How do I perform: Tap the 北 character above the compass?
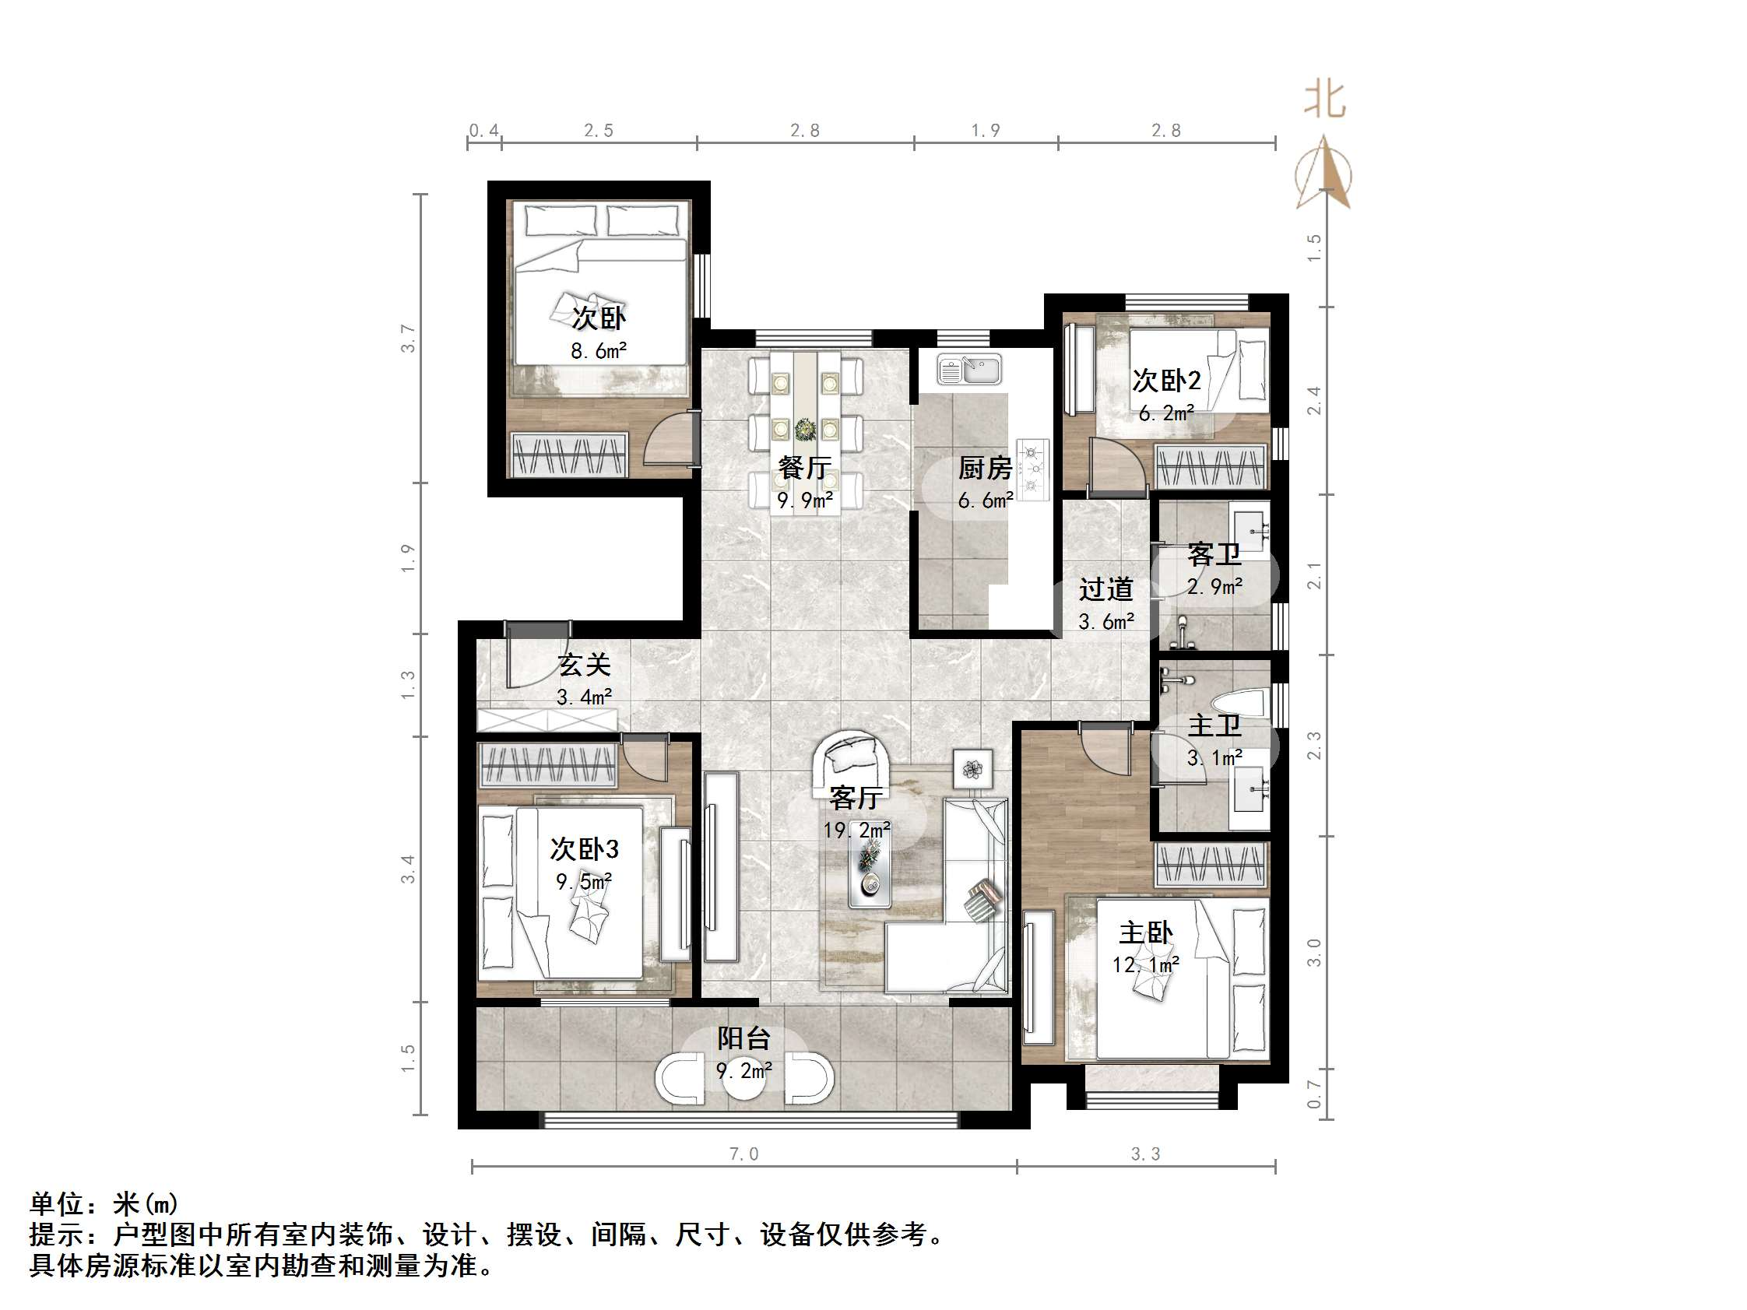1324,100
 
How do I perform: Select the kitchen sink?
970,370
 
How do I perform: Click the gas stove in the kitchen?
1032,470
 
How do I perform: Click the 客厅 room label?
855,798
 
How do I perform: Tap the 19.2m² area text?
857,830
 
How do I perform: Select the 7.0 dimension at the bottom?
743,1154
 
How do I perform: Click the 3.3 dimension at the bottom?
1145,1154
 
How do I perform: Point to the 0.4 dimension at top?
483,130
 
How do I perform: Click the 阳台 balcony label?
744,1038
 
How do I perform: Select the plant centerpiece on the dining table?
805,430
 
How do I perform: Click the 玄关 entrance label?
585,665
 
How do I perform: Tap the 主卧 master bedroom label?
1146,933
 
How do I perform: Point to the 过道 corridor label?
1105,589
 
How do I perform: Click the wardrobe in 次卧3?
548,764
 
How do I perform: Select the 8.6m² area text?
599,350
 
